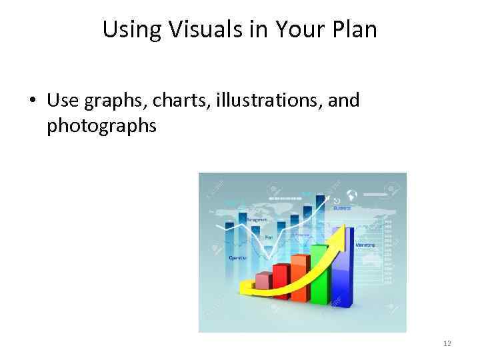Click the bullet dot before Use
point(32,101)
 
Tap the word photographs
point(101,125)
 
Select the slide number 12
point(447,343)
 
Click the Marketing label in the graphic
point(365,245)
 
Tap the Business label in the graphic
point(342,207)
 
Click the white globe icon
point(352,195)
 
